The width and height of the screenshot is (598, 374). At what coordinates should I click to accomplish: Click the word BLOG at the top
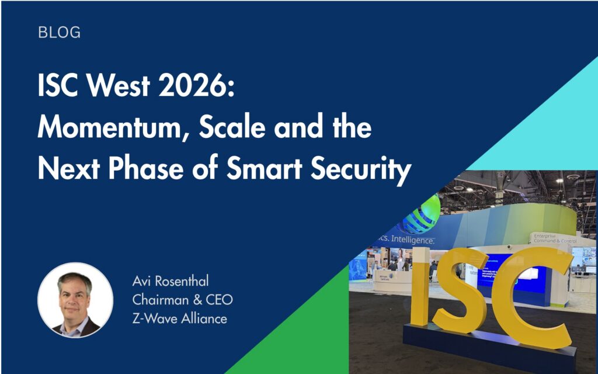click(59, 33)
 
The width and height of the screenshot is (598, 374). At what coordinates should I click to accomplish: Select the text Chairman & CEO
click(182, 300)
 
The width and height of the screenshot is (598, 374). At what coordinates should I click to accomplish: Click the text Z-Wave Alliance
click(179, 318)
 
